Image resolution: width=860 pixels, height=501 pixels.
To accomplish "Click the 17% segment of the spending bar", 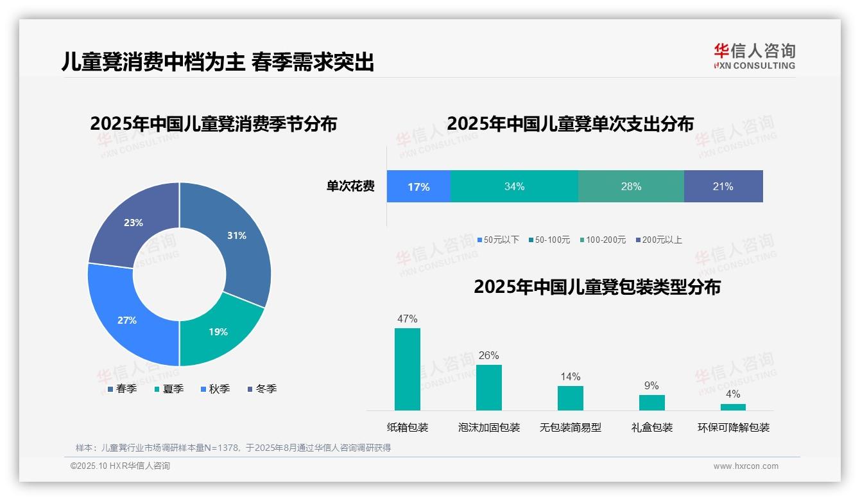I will pyautogui.click(x=418, y=186).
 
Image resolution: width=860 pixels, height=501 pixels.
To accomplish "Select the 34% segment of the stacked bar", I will pyautogui.click(x=514, y=186).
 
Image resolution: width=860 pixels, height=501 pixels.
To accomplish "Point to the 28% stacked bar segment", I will pyautogui.click(x=631, y=186).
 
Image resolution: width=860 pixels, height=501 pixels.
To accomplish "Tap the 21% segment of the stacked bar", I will pyautogui.click(x=723, y=186).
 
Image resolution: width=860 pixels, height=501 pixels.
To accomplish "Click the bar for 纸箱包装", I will pyautogui.click(x=408, y=369).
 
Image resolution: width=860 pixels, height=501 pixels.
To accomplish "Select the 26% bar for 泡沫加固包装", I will pyautogui.click(x=489, y=387).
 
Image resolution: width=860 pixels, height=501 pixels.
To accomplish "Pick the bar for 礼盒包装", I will pyautogui.click(x=652, y=403).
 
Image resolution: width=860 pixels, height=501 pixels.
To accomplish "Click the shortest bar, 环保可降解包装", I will pyautogui.click(x=733, y=407).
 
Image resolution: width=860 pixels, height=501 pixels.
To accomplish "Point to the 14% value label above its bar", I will pyautogui.click(x=571, y=377).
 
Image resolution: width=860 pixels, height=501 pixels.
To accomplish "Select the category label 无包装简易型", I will pyautogui.click(x=571, y=428).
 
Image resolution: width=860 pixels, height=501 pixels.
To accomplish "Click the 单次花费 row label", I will pyautogui.click(x=350, y=186).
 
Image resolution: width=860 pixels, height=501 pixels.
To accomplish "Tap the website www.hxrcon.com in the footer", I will pyautogui.click(x=746, y=466).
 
